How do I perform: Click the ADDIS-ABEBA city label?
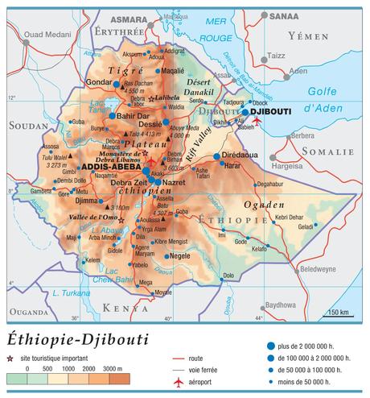pyautogui.click(x=112, y=167)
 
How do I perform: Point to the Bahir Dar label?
pyautogui.click(x=134, y=116)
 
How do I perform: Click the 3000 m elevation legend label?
pyautogui.click(x=114, y=369)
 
